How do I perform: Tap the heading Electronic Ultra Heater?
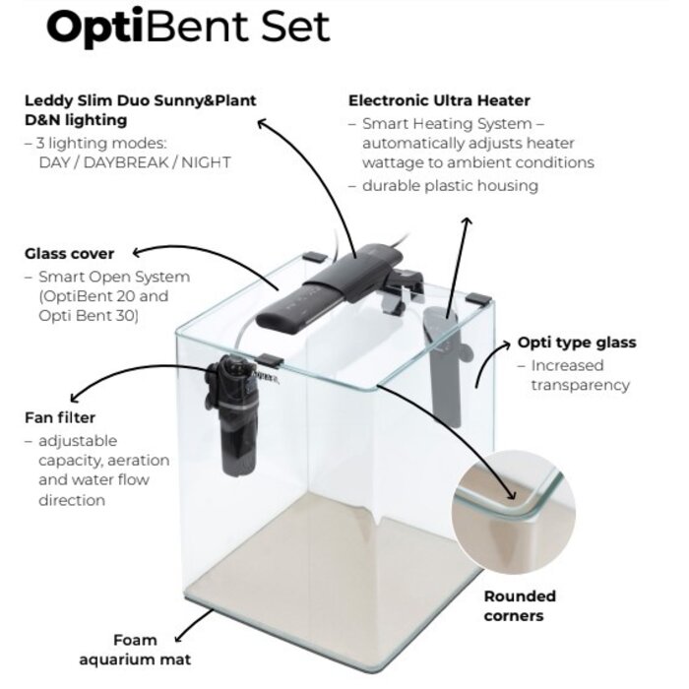439,100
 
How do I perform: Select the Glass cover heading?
69,254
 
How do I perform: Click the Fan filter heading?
60,417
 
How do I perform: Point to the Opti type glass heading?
577,343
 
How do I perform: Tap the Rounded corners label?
520,605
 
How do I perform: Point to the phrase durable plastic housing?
451,185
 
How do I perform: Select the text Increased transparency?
580,375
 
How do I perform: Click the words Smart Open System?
115,277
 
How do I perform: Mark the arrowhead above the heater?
466,219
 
